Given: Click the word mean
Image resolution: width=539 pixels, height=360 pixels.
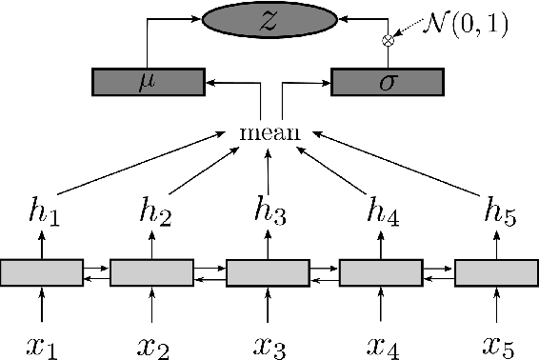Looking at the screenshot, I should pos(269,132).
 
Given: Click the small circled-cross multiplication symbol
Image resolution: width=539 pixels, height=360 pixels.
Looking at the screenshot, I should pos(388,40).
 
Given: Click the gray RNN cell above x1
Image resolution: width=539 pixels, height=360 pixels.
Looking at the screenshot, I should pos(41,272).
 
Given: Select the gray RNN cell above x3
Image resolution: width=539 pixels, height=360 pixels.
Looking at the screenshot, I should pos(267,272).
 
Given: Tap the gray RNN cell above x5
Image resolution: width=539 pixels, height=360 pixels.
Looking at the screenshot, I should pos(495,272).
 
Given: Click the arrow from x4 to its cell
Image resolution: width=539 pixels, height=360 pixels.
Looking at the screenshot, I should pos(381,307).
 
